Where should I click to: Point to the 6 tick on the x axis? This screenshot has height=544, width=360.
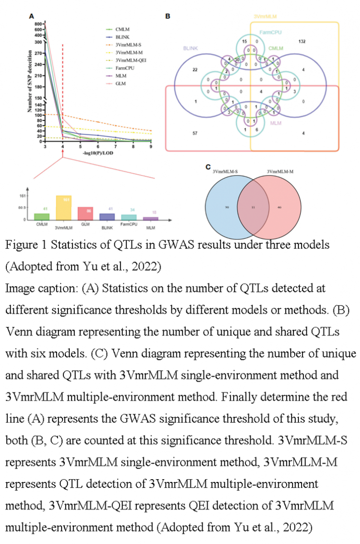click(98, 146)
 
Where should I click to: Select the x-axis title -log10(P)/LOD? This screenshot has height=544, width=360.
click(98, 154)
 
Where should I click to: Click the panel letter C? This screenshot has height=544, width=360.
click(207, 167)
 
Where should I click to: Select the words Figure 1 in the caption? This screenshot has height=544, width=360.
click(27, 245)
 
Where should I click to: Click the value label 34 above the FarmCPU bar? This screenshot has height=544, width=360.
click(129, 210)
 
